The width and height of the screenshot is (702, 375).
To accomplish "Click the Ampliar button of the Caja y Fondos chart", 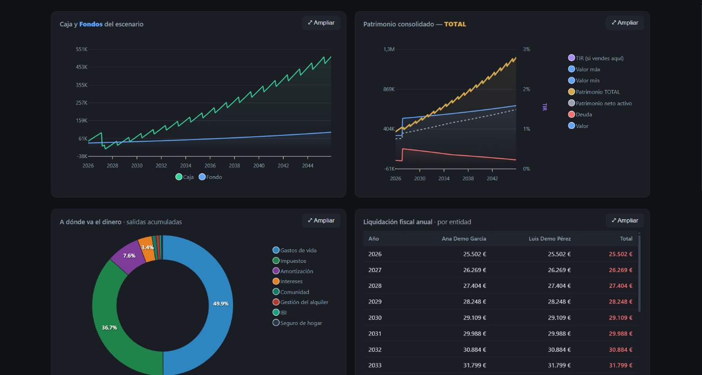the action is coord(321,23).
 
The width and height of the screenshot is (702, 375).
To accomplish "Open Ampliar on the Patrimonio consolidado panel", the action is coord(624,23).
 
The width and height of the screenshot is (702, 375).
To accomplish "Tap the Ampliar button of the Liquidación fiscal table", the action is coord(624,221).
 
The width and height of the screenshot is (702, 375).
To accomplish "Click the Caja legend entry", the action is coord(185,177).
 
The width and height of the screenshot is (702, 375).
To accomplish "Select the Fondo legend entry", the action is coord(210,177).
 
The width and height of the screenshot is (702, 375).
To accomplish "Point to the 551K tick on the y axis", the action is coord(82,49).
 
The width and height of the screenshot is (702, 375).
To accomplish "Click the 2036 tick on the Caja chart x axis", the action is coord(210,166).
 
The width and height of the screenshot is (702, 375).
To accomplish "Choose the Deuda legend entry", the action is coord(580,114).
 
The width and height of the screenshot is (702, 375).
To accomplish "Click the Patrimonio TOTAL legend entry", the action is coord(594,92).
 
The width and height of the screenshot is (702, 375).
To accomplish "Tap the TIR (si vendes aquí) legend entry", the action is coord(596,58).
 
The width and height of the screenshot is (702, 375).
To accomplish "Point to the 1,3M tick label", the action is coord(389,49).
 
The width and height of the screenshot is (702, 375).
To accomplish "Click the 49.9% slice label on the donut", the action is coord(221,304).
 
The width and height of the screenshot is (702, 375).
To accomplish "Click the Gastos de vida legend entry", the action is coord(294,250).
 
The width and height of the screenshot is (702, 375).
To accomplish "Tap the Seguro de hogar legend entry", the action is coord(297,323).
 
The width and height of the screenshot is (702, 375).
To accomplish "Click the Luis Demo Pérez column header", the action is coord(550,239).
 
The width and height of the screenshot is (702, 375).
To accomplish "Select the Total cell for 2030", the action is coord(620,318).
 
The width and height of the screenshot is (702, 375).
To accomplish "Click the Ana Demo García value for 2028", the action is coord(474,286).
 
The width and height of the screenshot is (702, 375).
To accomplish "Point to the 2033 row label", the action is coord(375,365).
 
